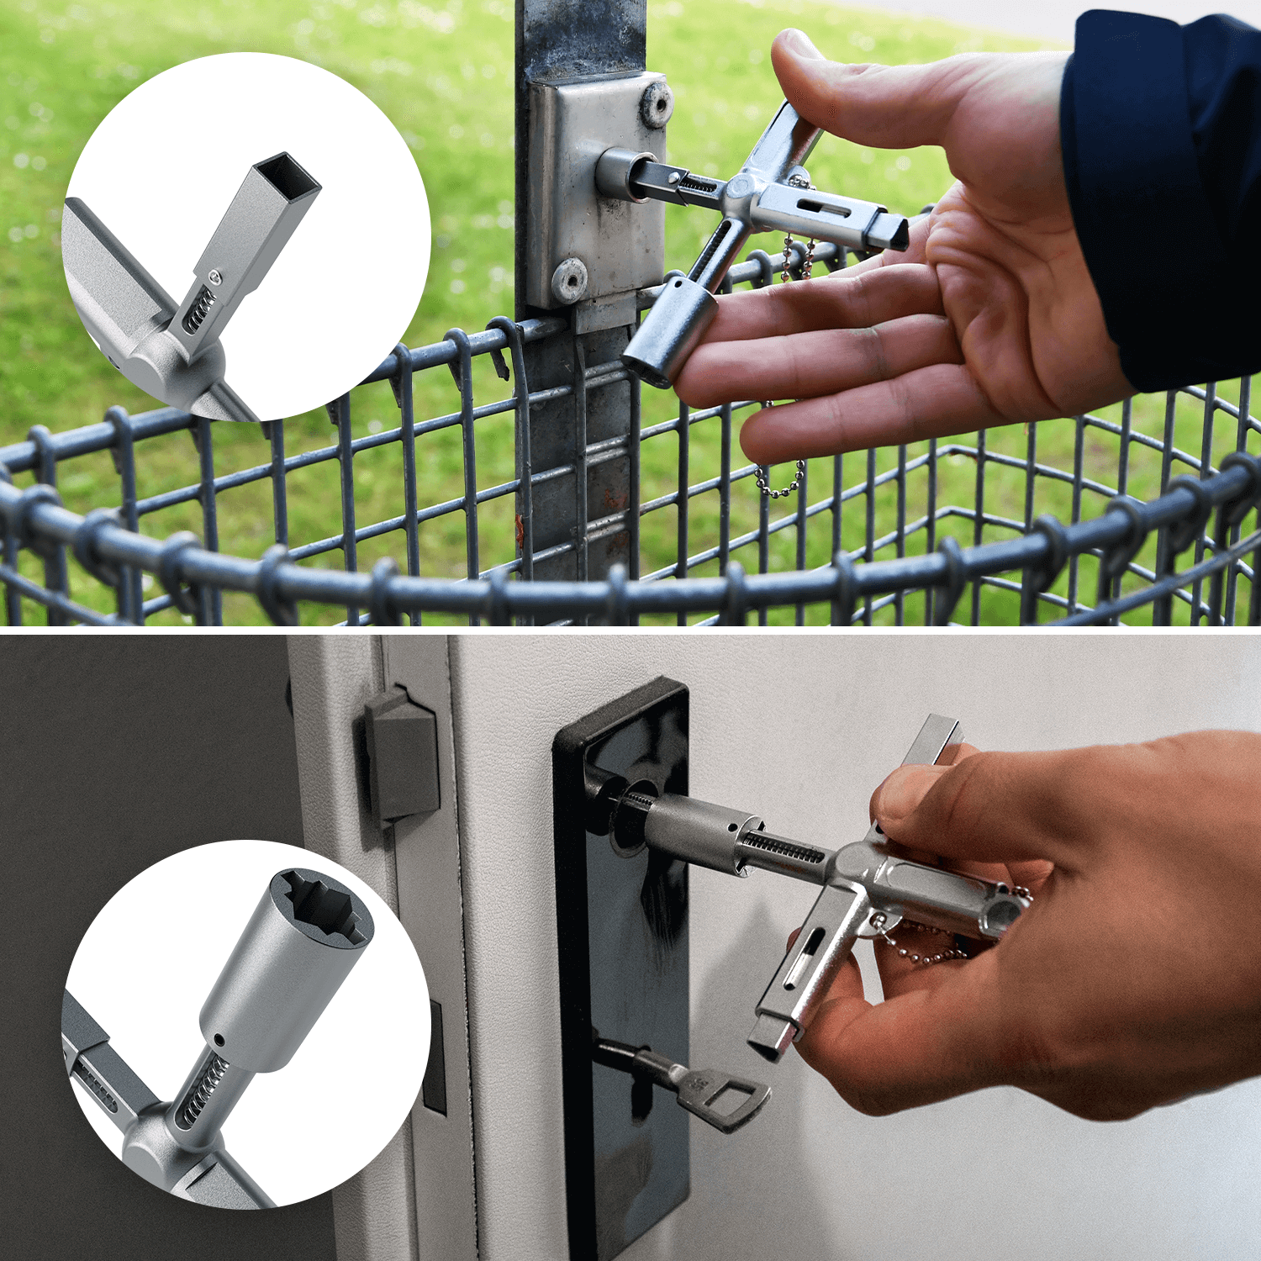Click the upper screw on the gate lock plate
[655, 105]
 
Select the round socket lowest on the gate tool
[668, 332]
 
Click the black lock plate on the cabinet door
[622, 967]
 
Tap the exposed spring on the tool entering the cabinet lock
[782, 847]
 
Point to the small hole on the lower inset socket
[219, 1039]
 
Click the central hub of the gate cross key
[744, 193]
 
